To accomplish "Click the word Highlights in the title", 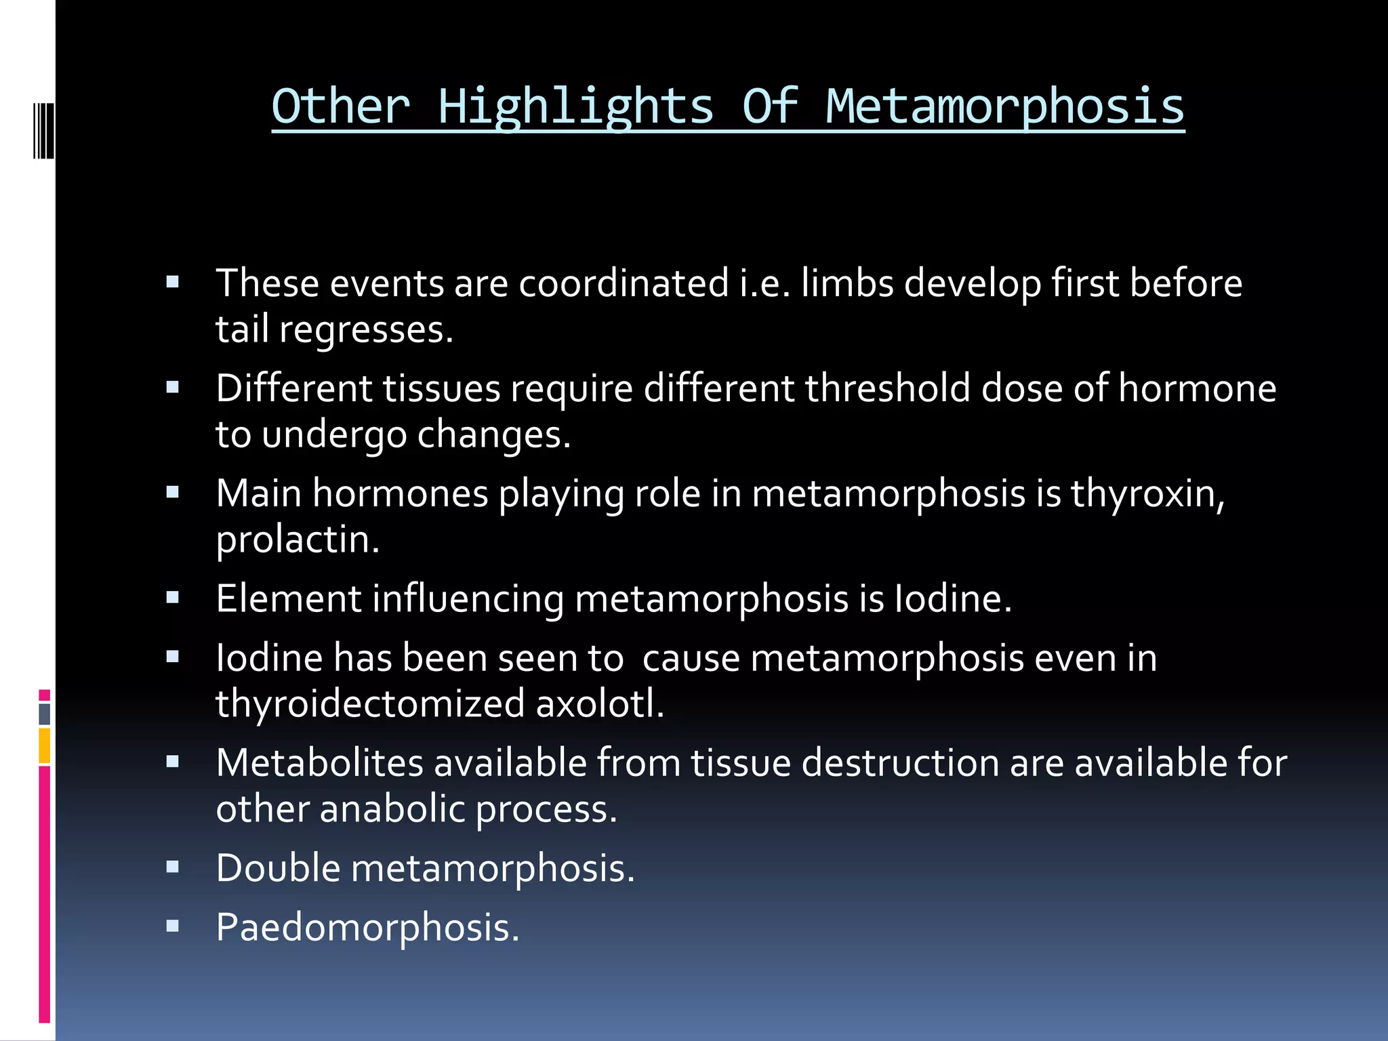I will point(576,107).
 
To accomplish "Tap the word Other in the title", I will point(341,107).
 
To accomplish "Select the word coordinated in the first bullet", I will point(624,283).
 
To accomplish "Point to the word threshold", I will point(888,388).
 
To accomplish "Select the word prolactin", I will point(298,540).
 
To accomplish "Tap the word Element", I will point(289,598).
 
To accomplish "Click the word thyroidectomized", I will point(370,704).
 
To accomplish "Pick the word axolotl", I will point(600,704).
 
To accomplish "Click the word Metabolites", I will point(320,763).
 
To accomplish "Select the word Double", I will point(278,868).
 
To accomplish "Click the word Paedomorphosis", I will point(367,927).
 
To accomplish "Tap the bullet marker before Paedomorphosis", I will point(173,926).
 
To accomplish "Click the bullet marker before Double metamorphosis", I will point(173,867).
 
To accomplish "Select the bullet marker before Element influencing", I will point(173,597).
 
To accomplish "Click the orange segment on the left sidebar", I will point(45,746).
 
